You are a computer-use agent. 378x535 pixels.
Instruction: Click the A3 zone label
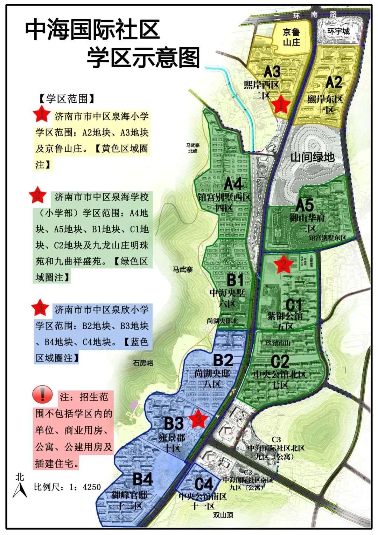tap(272, 71)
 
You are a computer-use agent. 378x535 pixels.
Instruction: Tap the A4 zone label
tap(233, 184)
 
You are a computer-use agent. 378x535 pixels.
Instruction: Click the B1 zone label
tap(236, 280)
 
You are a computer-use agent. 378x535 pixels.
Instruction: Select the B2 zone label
tap(223, 360)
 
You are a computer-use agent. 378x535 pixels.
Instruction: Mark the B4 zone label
tap(143, 479)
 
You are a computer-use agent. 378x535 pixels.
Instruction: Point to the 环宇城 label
tap(338, 31)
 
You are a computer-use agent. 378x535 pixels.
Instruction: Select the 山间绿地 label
tap(312, 157)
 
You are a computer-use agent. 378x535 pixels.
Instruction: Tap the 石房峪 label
tap(143, 363)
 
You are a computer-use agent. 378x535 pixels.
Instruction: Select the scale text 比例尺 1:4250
tap(67, 487)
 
